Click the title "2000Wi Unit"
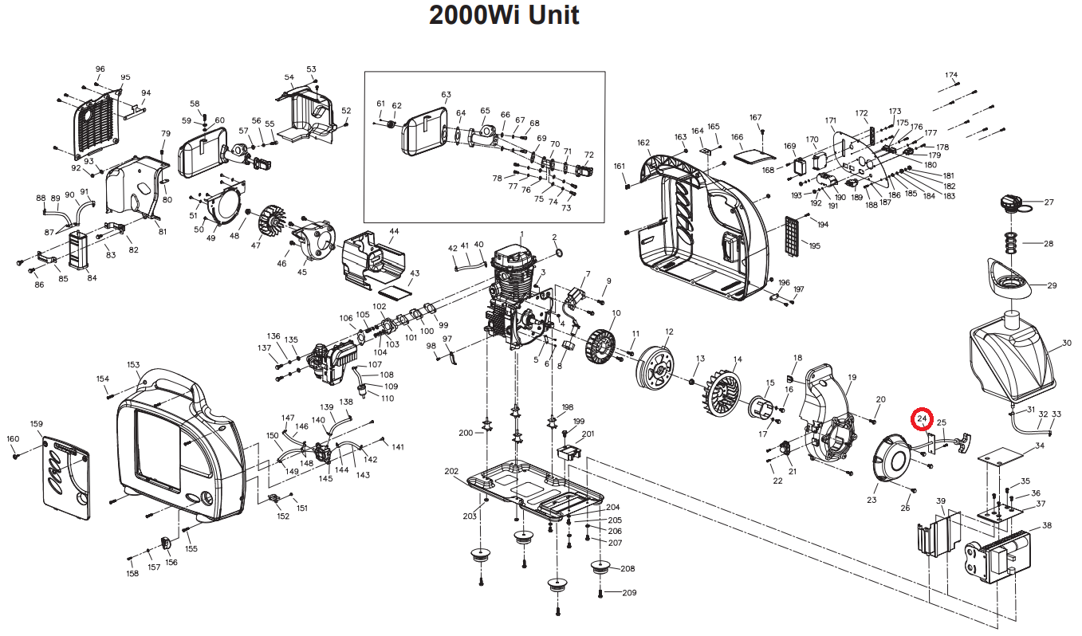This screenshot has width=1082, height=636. click(x=504, y=15)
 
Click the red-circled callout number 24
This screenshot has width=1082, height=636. click(x=923, y=418)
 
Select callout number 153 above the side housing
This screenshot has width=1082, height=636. click(x=133, y=365)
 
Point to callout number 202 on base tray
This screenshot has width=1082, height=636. click(x=451, y=471)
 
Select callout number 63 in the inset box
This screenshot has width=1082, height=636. click(x=446, y=95)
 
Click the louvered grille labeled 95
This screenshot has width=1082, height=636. click(x=96, y=125)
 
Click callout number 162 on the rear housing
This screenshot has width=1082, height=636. click(x=643, y=143)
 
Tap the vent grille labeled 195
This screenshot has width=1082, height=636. click(x=793, y=235)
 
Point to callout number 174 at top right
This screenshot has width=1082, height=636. click(x=951, y=75)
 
